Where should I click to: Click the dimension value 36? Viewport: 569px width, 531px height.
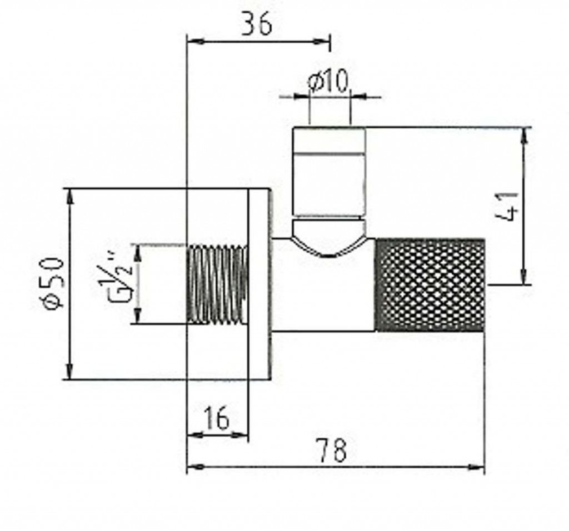click(257, 24)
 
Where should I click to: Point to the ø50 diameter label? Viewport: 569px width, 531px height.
click(54, 283)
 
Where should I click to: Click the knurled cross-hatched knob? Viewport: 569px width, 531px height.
click(430, 285)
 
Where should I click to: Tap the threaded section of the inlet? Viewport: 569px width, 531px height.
click(218, 284)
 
